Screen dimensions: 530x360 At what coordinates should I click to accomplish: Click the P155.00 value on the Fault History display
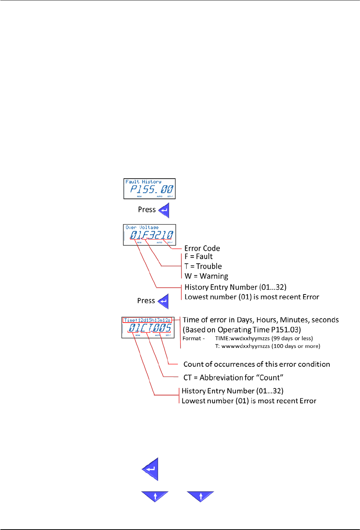click(151, 189)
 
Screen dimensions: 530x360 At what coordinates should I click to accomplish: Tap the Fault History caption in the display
click(143, 182)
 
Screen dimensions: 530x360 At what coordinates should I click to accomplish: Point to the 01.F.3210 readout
click(151, 235)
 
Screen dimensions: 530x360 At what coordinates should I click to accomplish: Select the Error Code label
click(202, 249)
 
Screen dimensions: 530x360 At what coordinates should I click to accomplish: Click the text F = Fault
click(199, 257)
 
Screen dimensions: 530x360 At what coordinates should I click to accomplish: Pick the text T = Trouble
click(203, 266)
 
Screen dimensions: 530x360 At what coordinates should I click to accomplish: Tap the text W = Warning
click(206, 276)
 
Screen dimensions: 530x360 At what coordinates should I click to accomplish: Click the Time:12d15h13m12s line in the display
click(147, 320)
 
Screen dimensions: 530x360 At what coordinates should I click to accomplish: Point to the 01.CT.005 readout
click(150, 328)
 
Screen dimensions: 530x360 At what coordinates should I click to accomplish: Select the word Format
click(192, 339)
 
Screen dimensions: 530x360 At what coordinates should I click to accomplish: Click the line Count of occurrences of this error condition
click(256, 364)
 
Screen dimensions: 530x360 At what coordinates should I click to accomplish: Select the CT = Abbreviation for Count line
click(233, 378)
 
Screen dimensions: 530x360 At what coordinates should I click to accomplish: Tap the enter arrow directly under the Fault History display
click(164, 210)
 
